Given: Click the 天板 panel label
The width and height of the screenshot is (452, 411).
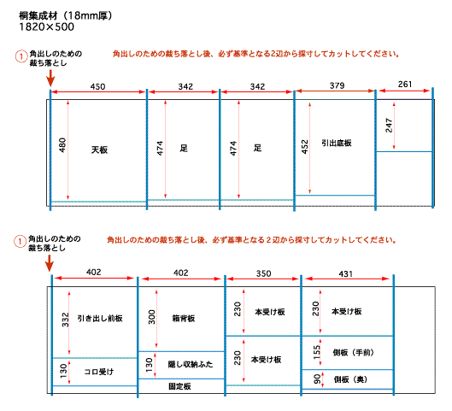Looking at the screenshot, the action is (99, 150).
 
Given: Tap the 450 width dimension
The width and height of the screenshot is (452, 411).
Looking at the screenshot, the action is (97, 86).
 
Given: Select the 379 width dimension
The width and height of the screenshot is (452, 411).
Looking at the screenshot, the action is (337, 85).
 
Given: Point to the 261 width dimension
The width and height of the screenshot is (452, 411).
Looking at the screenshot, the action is (405, 84).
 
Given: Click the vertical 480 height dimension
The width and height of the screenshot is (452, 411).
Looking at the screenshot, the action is (62, 145).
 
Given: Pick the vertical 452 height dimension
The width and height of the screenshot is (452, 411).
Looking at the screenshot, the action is (305, 147).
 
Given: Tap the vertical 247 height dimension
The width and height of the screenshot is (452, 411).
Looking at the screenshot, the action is (389, 126).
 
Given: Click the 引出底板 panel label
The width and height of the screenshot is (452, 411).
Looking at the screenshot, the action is (337, 143).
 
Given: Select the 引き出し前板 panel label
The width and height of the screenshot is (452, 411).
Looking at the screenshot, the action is (100, 318).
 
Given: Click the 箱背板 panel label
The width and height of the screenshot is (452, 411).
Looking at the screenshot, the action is (184, 318).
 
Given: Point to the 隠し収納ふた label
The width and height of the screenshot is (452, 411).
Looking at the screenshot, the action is (191, 364).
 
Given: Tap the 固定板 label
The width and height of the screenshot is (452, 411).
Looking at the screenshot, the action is (179, 386).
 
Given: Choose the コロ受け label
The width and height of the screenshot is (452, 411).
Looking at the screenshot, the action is (99, 372).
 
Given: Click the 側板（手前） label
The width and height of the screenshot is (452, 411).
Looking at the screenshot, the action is (354, 352).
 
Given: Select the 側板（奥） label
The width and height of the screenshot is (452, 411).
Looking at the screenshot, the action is (350, 379).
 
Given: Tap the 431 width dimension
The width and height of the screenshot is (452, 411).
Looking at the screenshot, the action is (346, 273).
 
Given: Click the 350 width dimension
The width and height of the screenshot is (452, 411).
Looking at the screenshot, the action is (263, 273).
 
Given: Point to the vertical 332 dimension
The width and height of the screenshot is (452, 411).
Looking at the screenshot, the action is (66, 320).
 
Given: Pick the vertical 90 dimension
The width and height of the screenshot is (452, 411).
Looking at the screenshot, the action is (317, 379).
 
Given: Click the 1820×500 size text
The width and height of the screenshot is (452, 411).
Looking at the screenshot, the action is (46, 26).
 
